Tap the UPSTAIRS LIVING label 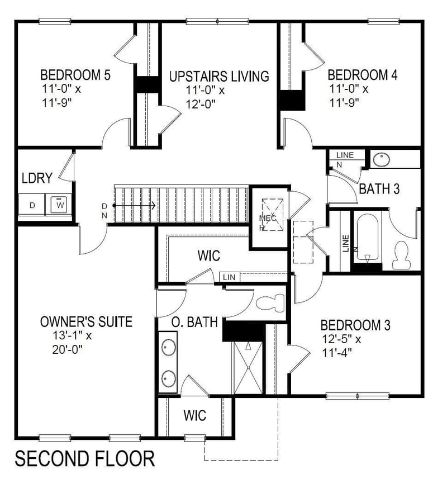[219, 75]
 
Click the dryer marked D [32, 205]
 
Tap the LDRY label [37, 178]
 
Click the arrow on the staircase [135, 206]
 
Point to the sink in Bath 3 [382, 159]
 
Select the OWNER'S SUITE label [86, 322]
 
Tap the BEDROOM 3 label [355, 325]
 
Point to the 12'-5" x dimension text [342, 339]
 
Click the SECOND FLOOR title [84, 459]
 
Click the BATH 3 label [379, 189]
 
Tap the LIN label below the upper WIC [229, 277]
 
